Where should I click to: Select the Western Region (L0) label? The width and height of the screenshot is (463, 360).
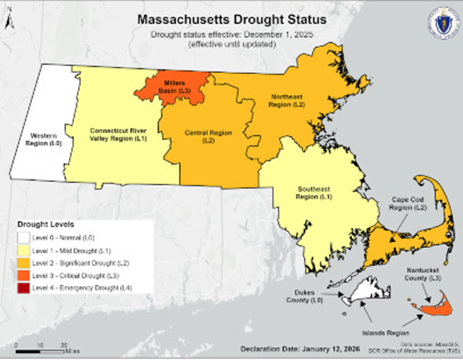(x=42, y=139)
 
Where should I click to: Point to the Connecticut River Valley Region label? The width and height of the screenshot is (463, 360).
(x=115, y=134)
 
